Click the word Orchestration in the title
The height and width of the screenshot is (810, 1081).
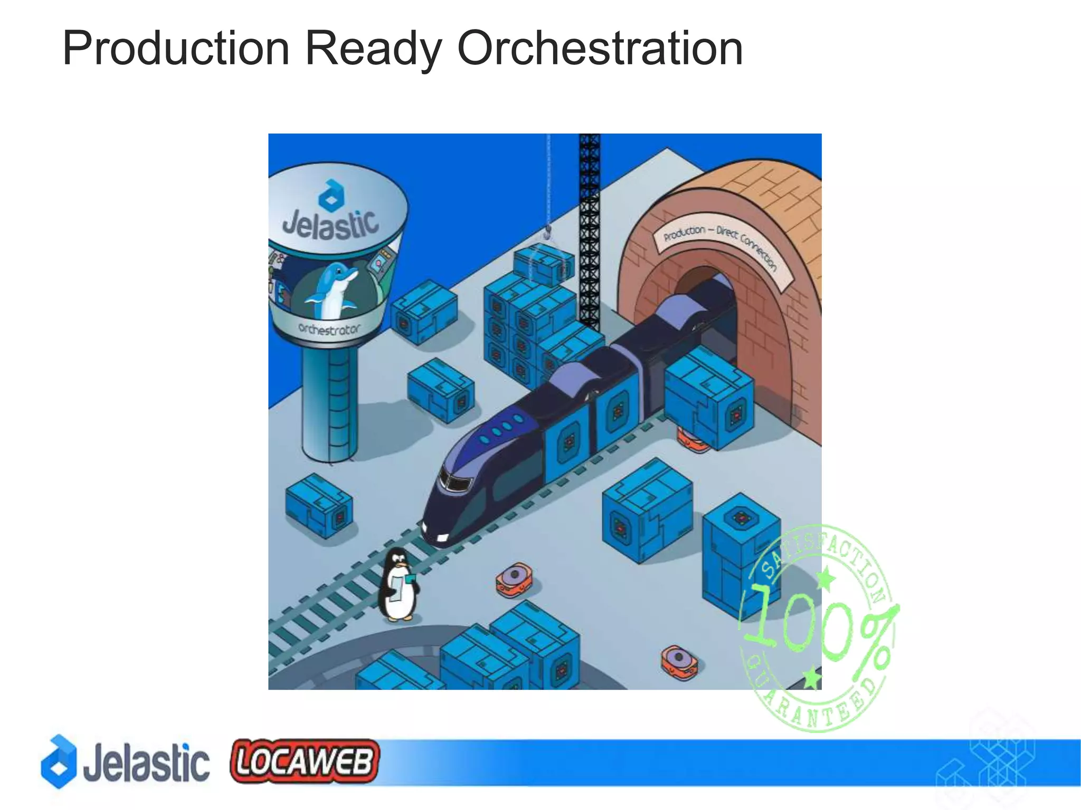pyautogui.click(x=600, y=49)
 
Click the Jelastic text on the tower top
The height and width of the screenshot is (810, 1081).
pyautogui.click(x=331, y=224)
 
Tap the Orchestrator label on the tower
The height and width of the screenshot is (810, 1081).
pyautogui.click(x=329, y=329)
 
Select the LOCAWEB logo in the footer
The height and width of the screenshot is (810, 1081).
pyautogui.click(x=305, y=761)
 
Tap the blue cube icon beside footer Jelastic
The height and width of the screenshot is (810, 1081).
pyautogui.click(x=59, y=761)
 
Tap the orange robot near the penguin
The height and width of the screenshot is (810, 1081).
pyautogui.click(x=514, y=580)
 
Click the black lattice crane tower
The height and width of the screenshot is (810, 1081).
pyautogui.click(x=590, y=232)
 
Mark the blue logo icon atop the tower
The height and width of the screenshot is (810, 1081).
pyautogui.click(x=331, y=194)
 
